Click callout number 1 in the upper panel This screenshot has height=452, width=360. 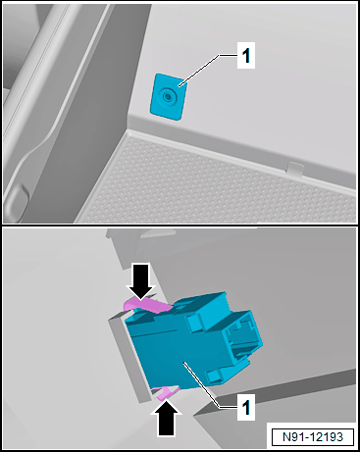pos(246,55)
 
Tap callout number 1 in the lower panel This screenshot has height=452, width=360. pos(246,407)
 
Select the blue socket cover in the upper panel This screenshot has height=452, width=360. pos(169,97)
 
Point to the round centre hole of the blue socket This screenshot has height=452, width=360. pos(168,97)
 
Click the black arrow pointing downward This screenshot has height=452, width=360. pos(141,281)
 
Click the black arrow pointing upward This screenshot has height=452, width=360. pos(166,418)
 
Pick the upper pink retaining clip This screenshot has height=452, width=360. pos(147,306)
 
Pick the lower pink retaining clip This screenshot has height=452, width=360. pos(166,392)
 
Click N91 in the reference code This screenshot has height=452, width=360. pos(292,437)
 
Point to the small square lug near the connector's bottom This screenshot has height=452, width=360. pos(215,376)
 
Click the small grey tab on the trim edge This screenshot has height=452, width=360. pos(295,170)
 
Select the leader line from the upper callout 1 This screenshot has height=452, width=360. pos(207,71)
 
